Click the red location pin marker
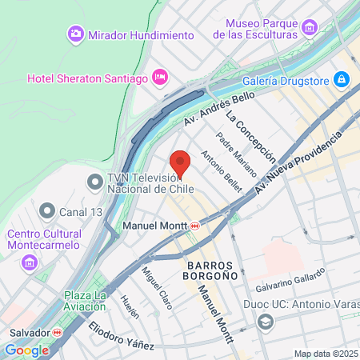tap(181, 163)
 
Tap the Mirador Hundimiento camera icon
tap(75, 34)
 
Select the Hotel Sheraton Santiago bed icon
tap(160, 77)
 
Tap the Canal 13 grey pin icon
tap(48, 212)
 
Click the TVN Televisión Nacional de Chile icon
tap(96, 183)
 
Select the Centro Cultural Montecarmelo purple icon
tap(30, 262)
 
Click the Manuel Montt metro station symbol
tap(195, 226)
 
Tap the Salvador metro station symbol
tap(57, 332)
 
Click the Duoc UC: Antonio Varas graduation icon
tap(265, 321)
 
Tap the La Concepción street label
tap(250, 137)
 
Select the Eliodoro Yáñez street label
tap(121, 335)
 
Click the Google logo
tap(26, 350)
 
